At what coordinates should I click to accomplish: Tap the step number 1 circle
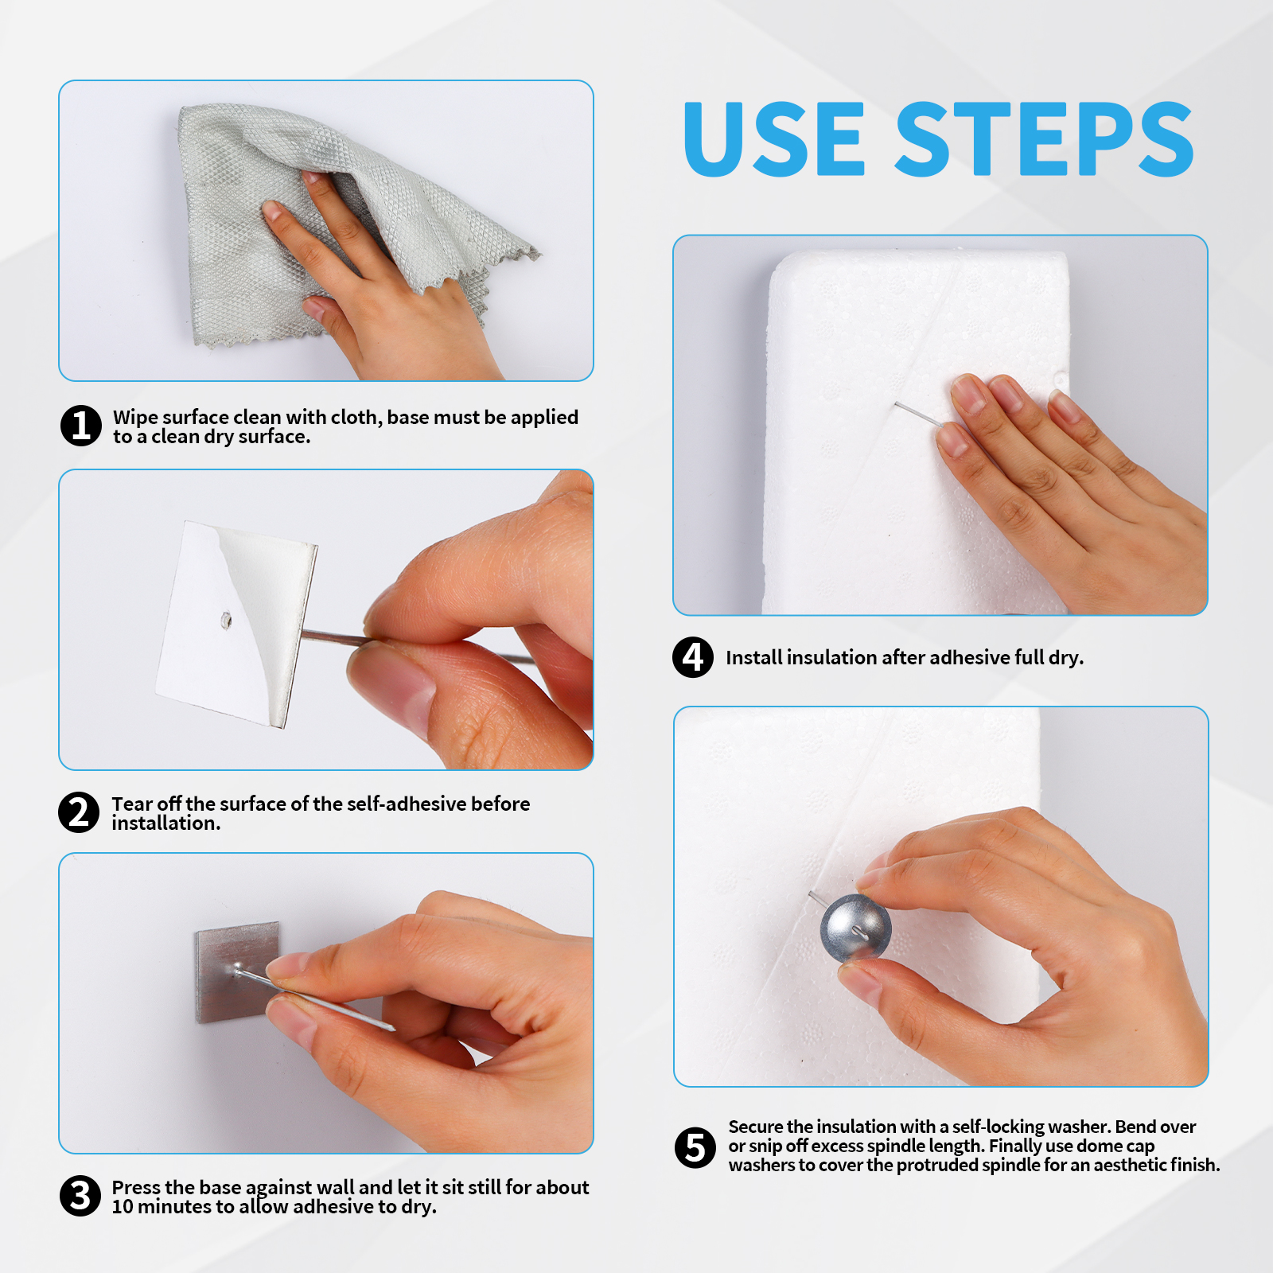coord(81,426)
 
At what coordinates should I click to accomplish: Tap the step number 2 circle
coord(79,812)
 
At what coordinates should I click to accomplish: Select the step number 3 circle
coord(80,1196)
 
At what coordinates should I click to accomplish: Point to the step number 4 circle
coord(693,657)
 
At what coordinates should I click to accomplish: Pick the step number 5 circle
coord(695,1147)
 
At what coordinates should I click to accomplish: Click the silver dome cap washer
coord(855,928)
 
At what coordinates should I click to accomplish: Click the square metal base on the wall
coord(237,972)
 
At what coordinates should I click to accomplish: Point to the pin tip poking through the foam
coord(896,404)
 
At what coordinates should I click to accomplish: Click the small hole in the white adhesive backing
coord(226,619)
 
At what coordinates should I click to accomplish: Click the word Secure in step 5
coord(756,1127)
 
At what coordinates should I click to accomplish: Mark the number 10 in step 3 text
coord(123,1207)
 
